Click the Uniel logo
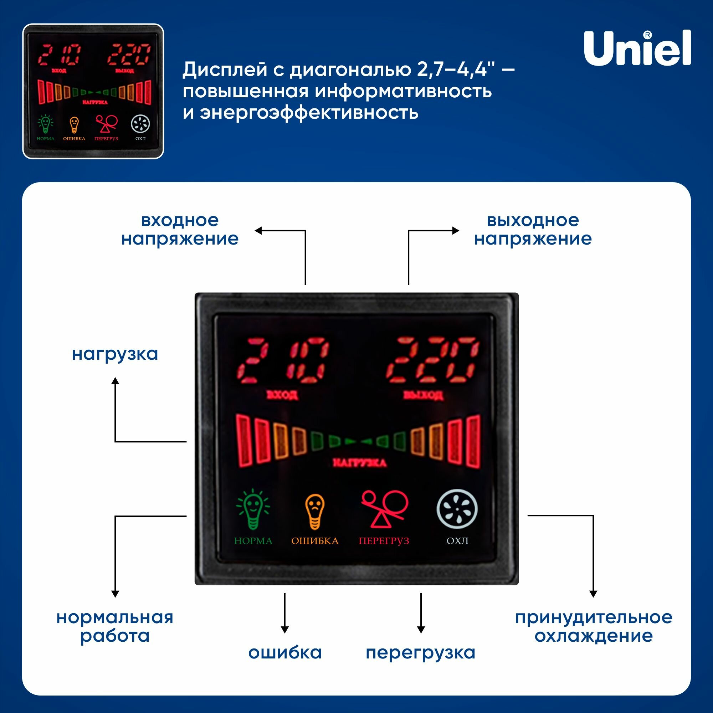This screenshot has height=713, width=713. pyautogui.click(x=637, y=48)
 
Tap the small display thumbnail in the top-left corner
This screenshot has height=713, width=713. pyautogui.click(x=93, y=91)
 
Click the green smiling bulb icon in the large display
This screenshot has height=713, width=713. pyautogui.click(x=253, y=509)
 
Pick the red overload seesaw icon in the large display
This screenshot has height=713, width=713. pyautogui.click(x=384, y=509)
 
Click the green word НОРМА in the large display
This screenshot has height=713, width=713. pyautogui.click(x=253, y=541)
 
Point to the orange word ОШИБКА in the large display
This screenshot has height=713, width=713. pyautogui.click(x=315, y=541)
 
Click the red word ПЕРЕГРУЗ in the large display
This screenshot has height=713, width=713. pyautogui.click(x=384, y=541)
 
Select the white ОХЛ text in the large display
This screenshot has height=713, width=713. pyautogui.click(x=457, y=541)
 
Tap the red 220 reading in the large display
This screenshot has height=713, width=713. pyautogui.click(x=432, y=360)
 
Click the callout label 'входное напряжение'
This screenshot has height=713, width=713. pyautogui.click(x=180, y=230)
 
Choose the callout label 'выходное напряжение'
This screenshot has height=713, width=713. pyautogui.click(x=533, y=230)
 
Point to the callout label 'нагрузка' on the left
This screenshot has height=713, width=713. pyautogui.click(x=115, y=354)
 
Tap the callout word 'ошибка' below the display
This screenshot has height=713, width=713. pyautogui.click(x=285, y=652)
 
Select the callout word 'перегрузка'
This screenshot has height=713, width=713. pyautogui.click(x=420, y=653)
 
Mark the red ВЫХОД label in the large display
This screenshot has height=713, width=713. pyautogui.click(x=423, y=395)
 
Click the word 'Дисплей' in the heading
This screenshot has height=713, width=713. pyautogui.click(x=225, y=70)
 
